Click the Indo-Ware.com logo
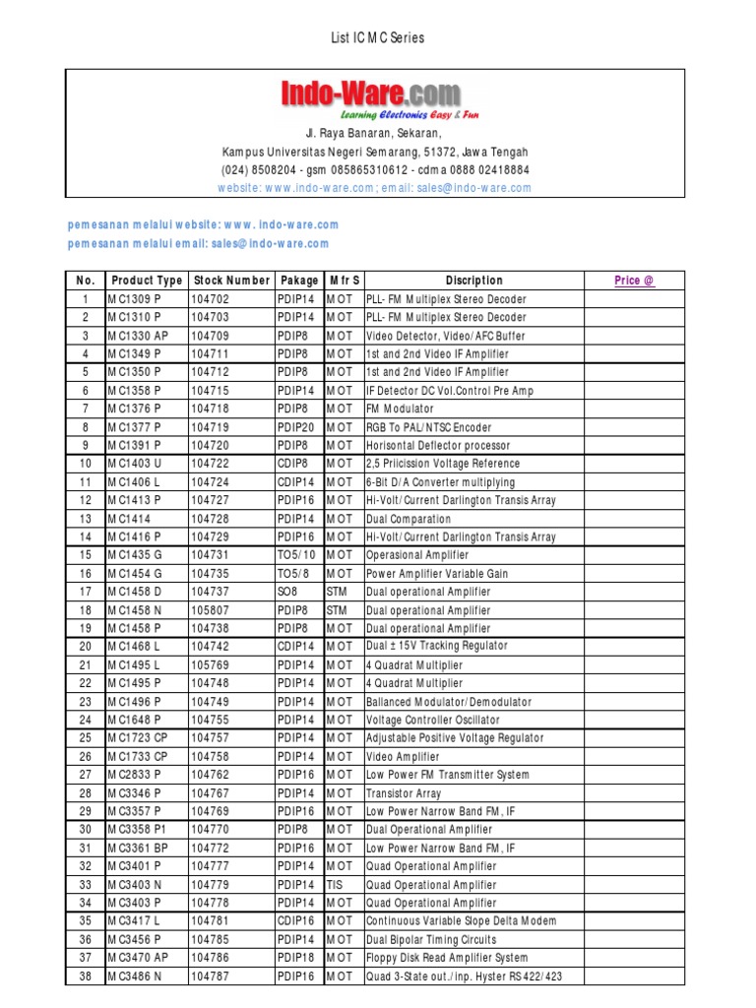[371, 95]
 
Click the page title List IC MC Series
[377, 37]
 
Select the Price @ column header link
[634, 281]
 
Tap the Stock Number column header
[231, 281]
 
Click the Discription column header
[473, 281]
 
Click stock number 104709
[211, 336]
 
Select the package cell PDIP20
[297, 427]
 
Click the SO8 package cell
[287, 592]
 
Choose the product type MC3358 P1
[138, 830]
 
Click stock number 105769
[211, 665]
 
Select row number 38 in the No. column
[86, 976]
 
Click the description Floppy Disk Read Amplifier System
[447, 958]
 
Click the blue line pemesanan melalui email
[199, 244]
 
